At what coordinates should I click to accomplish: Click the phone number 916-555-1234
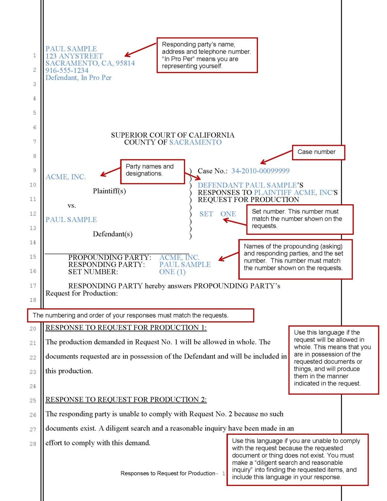coord(67,70)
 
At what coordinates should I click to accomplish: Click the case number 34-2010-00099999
coord(260,171)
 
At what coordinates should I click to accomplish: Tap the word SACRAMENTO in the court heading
coord(195,142)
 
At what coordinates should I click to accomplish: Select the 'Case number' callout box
coord(318,152)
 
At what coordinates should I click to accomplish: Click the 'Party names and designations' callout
coord(152,171)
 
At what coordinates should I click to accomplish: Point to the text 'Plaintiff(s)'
coord(109,191)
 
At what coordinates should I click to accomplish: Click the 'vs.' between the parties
coord(72,205)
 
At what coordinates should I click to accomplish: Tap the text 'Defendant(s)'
coord(112,234)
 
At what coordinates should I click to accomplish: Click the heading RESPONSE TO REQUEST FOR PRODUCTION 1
coord(126,327)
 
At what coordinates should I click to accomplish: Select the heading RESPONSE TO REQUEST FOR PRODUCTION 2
coord(126,400)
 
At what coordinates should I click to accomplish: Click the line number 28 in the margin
coord(33,444)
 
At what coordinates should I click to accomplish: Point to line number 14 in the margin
coord(33,243)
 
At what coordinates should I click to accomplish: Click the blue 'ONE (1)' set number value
coord(172,272)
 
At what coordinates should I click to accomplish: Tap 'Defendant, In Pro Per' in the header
coord(78,78)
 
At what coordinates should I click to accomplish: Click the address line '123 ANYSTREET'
coord(74,56)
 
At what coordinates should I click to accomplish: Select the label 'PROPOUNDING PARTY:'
coord(110,257)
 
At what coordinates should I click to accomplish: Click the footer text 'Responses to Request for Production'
coord(168,473)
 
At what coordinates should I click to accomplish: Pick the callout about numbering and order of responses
coord(140,315)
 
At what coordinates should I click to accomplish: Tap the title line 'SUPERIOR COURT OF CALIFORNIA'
coord(172,135)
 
